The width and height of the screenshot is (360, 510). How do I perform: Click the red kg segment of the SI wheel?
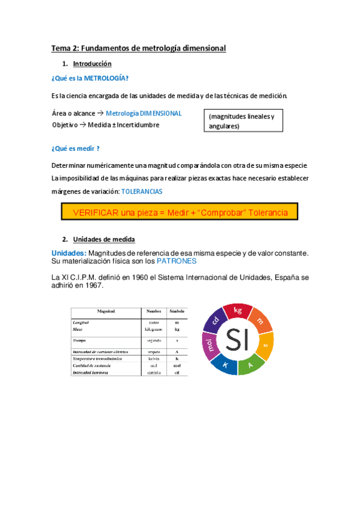tap(237, 312)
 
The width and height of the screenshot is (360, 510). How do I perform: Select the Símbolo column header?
tap(176, 312)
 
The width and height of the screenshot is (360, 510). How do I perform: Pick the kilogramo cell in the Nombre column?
tap(153, 329)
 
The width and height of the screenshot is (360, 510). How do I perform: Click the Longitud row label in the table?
tap(82, 323)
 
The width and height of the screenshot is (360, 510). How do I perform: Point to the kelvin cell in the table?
tap(153, 358)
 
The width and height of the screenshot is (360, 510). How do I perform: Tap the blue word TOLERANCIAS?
tap(142, 191)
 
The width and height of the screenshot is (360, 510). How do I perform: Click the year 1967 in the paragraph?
tap(93, 286)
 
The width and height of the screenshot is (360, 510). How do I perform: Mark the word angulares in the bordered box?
tap(224, 126)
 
